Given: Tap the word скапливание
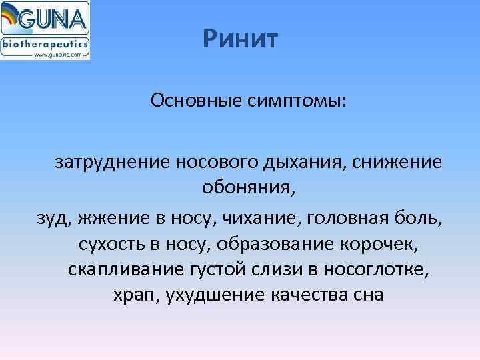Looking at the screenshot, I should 129,269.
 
